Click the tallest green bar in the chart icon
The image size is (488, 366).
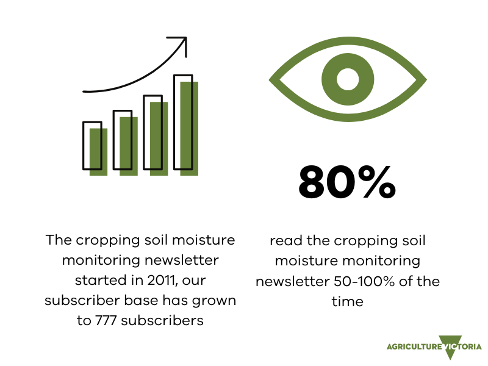[x=189, y=129]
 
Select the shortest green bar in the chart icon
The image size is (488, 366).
[x=98, y=152]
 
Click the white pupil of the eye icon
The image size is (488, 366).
[x=348, y=79]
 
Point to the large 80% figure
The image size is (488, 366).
[x=347, y=182]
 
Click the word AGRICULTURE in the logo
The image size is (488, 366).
[x=414, y=346]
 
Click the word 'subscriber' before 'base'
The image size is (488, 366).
[x=82, y=300]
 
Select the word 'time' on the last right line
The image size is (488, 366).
[x=347, y=301]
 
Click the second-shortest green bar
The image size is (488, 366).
[x=129, y=146]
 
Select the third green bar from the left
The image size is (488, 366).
[x=159, y=139]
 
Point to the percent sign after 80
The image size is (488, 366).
[x=377, y=182]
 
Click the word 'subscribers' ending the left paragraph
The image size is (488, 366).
[x=162, y=320]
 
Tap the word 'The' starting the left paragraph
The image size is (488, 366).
[x=59, y=240]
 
